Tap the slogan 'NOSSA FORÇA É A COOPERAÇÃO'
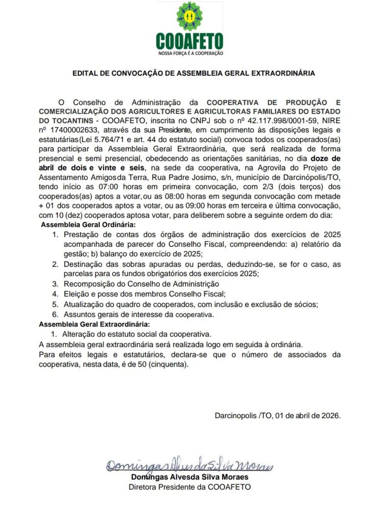pos(189,52)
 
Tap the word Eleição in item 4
pos(74,294)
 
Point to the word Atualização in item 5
pos(82,304)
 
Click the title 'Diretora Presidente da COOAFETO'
pos(190,487)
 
